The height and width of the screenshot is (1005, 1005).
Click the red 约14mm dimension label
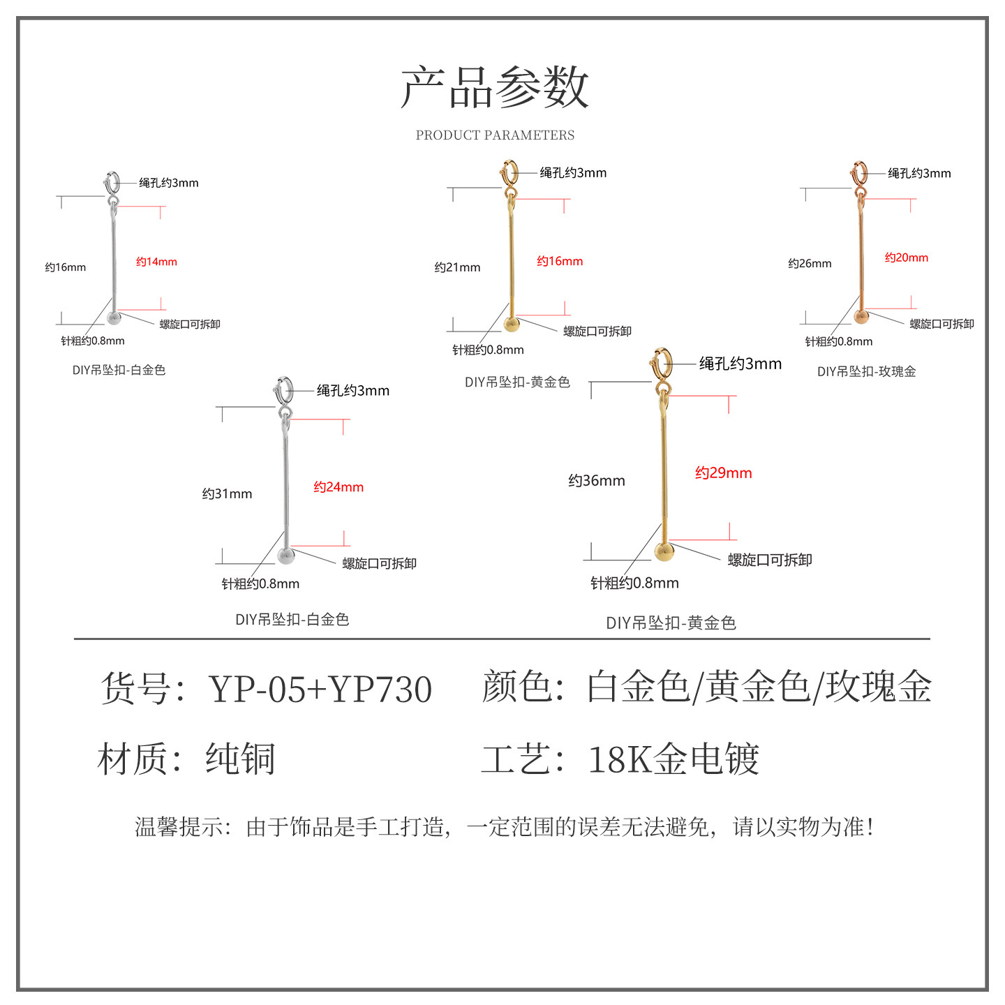pos(156,262)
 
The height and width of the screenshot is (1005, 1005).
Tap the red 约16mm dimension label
pos(560,261)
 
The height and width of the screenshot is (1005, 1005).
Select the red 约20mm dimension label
pos(907,258)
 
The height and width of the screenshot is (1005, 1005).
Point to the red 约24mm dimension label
pos(338,487)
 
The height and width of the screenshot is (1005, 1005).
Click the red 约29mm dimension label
pos(724,473)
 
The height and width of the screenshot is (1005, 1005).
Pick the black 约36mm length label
pos(597,481)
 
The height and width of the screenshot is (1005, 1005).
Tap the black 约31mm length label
pos(227,494)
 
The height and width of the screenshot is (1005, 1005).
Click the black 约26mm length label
pos(810,264)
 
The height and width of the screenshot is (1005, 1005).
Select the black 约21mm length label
pos(457,267)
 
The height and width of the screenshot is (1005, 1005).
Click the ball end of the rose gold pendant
pos(862,318)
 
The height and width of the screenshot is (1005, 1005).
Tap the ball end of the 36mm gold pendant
pos(664,552)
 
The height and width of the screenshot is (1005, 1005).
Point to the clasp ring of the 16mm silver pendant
pos(112,183)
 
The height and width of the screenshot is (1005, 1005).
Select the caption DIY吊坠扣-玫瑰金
pos(866,372)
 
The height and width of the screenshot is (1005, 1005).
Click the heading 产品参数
pos(495,88)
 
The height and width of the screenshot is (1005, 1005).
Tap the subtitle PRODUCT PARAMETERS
pos(495,135)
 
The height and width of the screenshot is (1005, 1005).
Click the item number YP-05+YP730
pos(320,690)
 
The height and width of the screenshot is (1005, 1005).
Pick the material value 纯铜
pos(241,759)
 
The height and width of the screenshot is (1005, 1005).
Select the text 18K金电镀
pos(673,759)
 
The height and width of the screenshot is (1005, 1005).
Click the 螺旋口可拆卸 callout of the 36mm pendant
pos(770,560)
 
